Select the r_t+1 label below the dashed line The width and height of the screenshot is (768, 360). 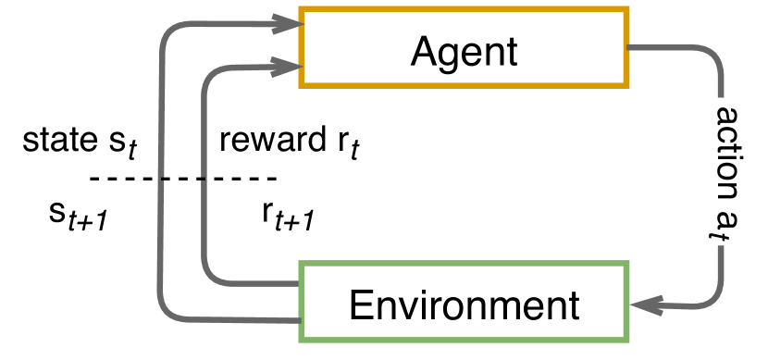(289, 215)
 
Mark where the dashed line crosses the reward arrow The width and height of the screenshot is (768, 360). (205, 178)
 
